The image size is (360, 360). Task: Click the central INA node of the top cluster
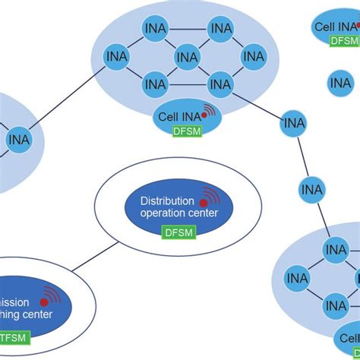[x=187, y=57]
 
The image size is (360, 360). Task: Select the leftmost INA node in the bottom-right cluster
[x=297, y=278]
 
